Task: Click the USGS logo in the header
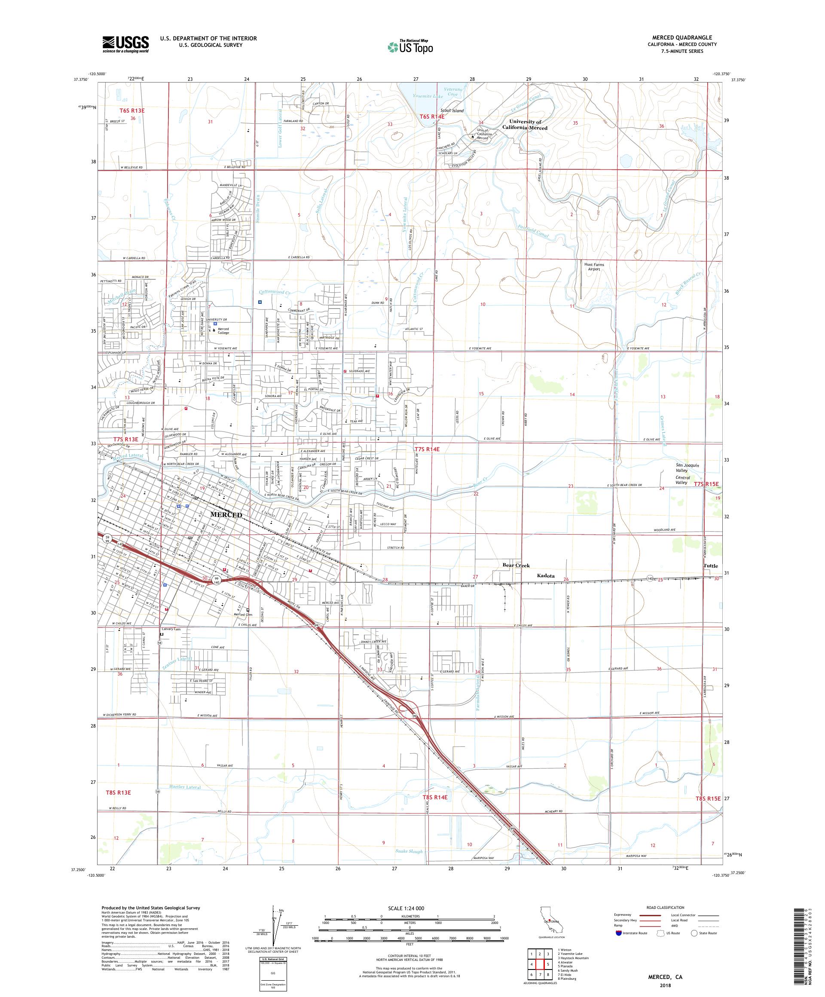point(126,44)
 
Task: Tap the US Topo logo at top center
point(411,46)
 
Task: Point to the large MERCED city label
point(226,515)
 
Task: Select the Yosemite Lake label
point(428,96)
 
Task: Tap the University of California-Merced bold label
point(525,125)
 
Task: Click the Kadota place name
point(545,576)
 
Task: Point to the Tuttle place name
point(711,566)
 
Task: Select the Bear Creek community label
point(516,566)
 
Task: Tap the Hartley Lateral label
point(185,787)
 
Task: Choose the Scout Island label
point(452,110)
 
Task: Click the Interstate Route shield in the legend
point(618,933)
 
